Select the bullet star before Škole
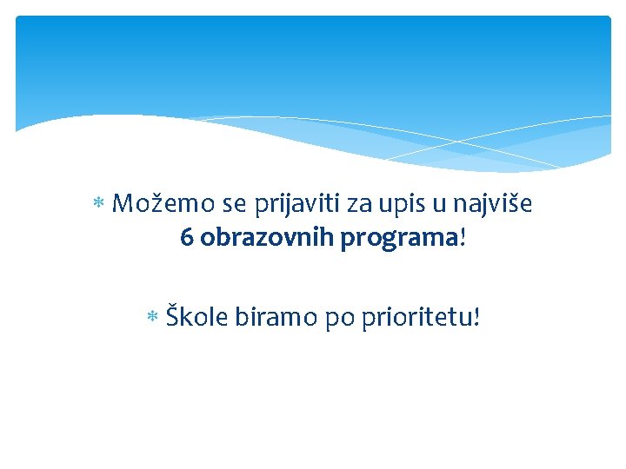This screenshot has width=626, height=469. pyautogui.click(x=152, y=318)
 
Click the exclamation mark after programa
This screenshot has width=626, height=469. pyautogui.click(x=463, y=238)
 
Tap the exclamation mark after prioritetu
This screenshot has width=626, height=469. pyautogui.click(x=475, y=317)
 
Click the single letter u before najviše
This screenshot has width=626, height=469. pyautogui.click(x=435, y=206)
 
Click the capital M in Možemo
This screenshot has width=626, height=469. pyautogui.click(x=123, y=205)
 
